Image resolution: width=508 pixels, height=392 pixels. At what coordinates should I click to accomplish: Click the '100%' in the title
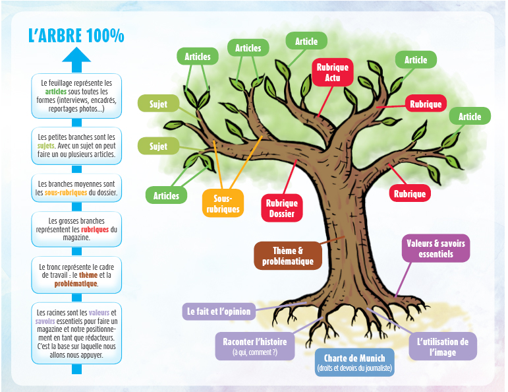pos(105,36)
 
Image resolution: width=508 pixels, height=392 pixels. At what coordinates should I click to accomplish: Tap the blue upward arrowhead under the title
pos(76,55)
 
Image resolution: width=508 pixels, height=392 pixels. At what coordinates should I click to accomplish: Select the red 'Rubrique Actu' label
pos(332,73)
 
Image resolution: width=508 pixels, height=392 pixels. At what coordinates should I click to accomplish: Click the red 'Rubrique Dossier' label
pos(282,209)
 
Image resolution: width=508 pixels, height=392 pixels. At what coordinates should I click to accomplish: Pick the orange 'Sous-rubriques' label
pos(223,203)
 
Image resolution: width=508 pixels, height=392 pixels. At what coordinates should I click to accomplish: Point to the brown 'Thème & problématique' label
pos(288,255)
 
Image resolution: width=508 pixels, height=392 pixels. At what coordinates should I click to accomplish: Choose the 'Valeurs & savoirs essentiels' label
pos(436,248)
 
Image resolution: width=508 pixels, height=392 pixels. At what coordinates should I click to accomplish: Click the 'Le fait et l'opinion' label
pos(219,311)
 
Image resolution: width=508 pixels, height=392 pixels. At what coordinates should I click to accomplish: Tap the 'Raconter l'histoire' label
pos(255,346)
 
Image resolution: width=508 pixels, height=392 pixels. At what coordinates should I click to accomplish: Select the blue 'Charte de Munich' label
pos(354,362)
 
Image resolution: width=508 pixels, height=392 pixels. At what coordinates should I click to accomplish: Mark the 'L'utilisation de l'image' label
pos(443,346)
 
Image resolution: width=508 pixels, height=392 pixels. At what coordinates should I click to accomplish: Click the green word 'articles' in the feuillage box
pos(56,92)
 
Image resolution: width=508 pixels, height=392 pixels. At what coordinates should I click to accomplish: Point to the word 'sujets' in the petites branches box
pos(45,146)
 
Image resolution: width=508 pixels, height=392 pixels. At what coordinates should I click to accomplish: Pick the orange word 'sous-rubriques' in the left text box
pos(66,193)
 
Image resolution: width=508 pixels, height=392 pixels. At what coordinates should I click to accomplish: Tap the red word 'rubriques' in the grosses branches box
pos(95,230)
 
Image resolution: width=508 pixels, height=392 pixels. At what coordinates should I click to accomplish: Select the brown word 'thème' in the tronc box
pos(88,275)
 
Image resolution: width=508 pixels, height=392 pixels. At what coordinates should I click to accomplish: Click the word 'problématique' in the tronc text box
pos(76,284)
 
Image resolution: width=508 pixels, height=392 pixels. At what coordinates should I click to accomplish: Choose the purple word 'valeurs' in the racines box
pos(99,313)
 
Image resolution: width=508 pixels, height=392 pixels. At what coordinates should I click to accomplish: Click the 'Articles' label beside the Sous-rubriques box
pos(166,195)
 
